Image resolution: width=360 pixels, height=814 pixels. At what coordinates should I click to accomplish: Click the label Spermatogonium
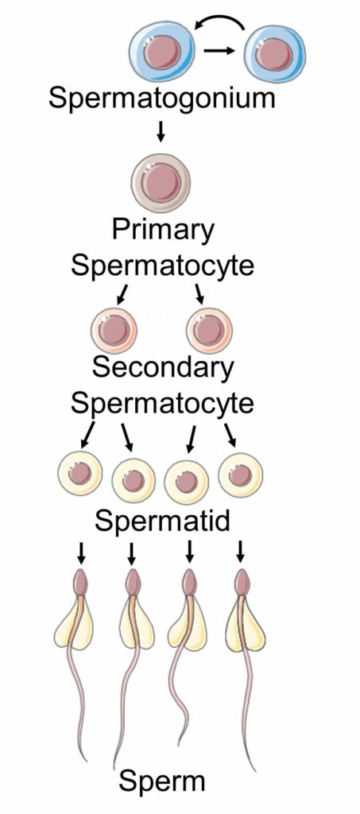point(161,98)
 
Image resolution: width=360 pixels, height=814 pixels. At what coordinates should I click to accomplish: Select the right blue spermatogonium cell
point(274,52)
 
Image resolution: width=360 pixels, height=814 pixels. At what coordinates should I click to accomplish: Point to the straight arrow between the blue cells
point(220,51)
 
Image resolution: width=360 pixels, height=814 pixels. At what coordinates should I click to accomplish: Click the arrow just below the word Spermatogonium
point(161,133)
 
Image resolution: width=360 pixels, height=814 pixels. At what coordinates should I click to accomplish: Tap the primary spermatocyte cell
point(161,184)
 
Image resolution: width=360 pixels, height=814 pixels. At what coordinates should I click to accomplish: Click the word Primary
point(163,231)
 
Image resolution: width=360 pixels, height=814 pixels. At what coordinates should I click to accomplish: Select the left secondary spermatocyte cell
point(114,330)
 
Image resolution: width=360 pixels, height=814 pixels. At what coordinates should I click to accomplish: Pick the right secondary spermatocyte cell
point(209,330)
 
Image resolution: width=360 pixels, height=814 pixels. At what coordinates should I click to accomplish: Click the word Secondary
point(162,367)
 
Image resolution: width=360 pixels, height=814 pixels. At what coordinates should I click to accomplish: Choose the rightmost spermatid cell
point(241,475)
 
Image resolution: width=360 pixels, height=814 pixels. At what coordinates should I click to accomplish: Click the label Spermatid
point(162,521)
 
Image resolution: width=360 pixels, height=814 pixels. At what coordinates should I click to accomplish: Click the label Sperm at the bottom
point(162,781)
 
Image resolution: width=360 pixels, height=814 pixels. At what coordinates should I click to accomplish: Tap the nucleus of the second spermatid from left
point(134,480)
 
